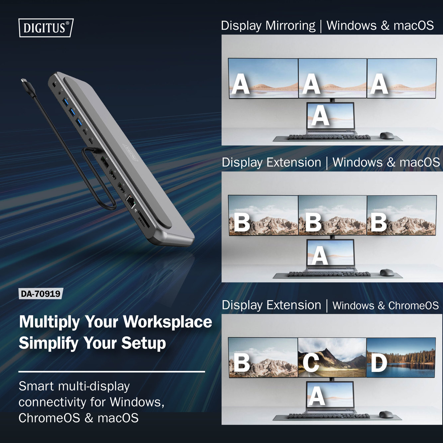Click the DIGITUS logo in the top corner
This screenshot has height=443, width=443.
tap(46, 28)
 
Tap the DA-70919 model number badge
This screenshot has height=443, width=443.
tap(41, 294)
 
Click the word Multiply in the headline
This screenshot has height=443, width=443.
tap(49, 322)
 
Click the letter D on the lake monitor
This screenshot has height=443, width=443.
tap(379, 363)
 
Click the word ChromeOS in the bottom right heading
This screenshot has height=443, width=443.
tap(413, 305)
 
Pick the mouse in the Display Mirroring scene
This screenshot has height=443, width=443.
tap(387, 136)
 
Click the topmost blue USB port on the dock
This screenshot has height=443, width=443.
tap(65, 99)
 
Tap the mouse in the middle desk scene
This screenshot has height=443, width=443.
tap(387, 273)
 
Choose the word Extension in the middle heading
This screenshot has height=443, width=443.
tap(294, 163)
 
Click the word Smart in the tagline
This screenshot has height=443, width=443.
tap(36, 386)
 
